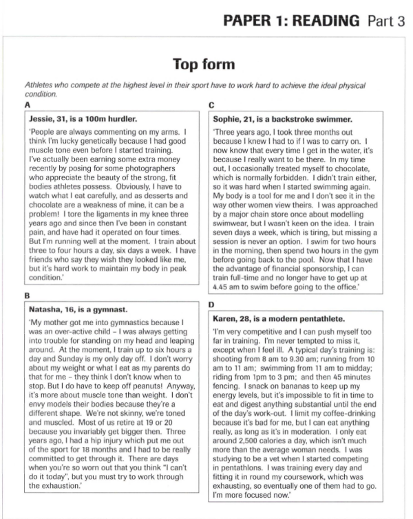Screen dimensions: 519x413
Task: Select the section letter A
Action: click(x=26, y=104)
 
